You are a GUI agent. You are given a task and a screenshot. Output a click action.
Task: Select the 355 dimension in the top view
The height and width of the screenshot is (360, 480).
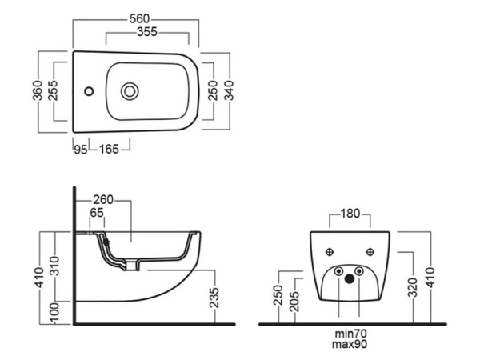tap(146, 33)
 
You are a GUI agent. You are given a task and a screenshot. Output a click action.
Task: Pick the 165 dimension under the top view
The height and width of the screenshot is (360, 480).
tap(110, 149)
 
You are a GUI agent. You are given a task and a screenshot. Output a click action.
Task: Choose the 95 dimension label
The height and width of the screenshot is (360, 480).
tap(80, 149)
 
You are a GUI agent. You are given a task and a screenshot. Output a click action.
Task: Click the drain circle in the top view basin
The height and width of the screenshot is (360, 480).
tap(129, 91)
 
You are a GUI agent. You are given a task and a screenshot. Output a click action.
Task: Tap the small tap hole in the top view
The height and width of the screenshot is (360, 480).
tap(89, 91)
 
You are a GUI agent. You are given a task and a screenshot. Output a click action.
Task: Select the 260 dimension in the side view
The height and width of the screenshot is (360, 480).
tap(104, 199)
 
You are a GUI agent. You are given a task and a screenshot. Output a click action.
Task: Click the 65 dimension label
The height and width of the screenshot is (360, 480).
tap(97, 214)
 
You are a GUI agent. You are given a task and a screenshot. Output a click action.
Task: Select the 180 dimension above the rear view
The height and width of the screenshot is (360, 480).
tap(350, 214)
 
